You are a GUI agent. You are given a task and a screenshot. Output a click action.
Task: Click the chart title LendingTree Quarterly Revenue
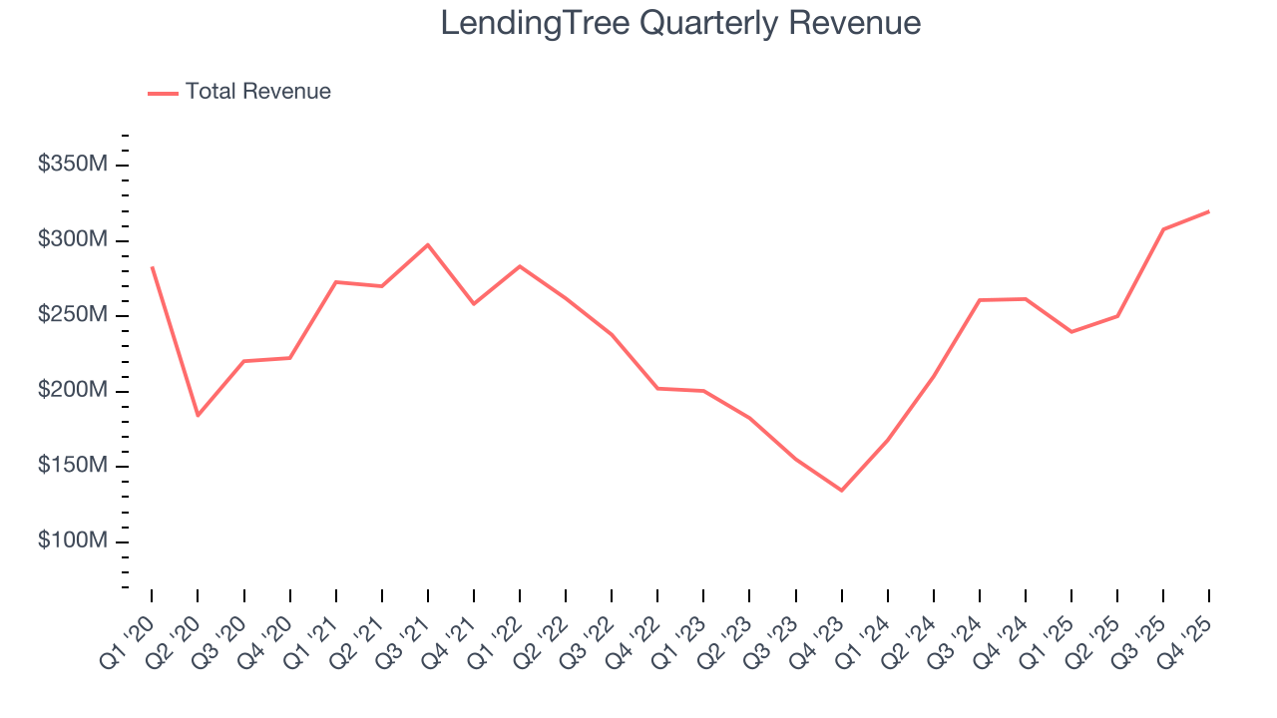[x=680, y=23]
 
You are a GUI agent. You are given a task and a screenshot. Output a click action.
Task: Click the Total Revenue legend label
[x=257, y=92]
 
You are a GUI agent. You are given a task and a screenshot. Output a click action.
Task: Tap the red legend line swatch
[x=163, y=93]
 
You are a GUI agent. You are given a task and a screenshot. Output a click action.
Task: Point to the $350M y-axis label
[x=72, y=165]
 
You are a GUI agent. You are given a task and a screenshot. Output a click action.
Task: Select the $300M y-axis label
[x=72, y=240]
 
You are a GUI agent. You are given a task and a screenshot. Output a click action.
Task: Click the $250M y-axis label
[x=72, y=315]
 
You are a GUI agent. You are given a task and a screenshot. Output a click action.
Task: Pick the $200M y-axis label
[x=72, y=391]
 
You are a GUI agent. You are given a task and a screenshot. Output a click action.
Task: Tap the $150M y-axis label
[x=72, y=466]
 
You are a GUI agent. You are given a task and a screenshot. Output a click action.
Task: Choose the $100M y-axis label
[x=72, y=541]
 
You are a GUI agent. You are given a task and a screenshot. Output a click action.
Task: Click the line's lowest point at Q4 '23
[x=841, y=490]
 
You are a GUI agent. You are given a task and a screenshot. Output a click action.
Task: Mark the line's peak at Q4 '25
[x=1208, y=211]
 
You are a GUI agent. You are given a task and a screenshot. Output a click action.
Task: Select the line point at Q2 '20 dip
[x=198, y=415]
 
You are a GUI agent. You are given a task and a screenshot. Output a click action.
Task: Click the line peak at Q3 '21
[x=427, y=244]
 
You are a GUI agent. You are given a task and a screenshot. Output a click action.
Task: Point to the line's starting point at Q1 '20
[x=152, y=267]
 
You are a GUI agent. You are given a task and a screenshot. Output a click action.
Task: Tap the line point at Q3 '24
[x=979, y=300]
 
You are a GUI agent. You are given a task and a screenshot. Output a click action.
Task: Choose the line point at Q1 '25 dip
[x=1070, y=331]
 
